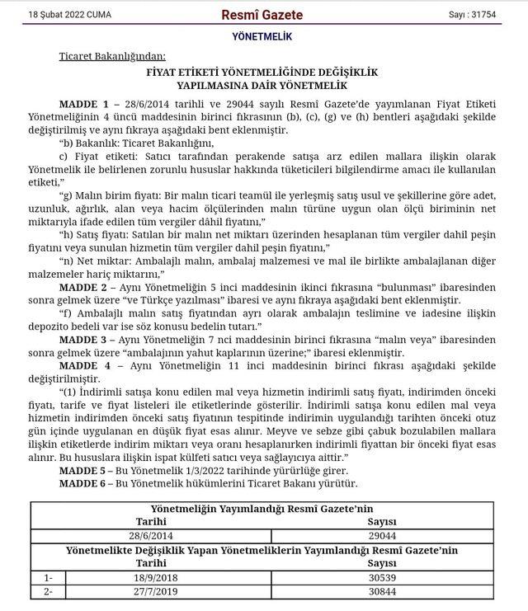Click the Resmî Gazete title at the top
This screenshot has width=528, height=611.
pyautogui.click(x=262, y=15)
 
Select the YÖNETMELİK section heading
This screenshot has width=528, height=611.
pyautogui.click(x=263, y=38)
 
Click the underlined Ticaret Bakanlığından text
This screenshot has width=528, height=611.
pyautogui.click(x=112, y=56)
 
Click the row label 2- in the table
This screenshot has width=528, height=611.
pyautogui.click(x=48, y=592)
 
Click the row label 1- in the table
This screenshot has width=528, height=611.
pyautogui.click(x=48, y=578)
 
